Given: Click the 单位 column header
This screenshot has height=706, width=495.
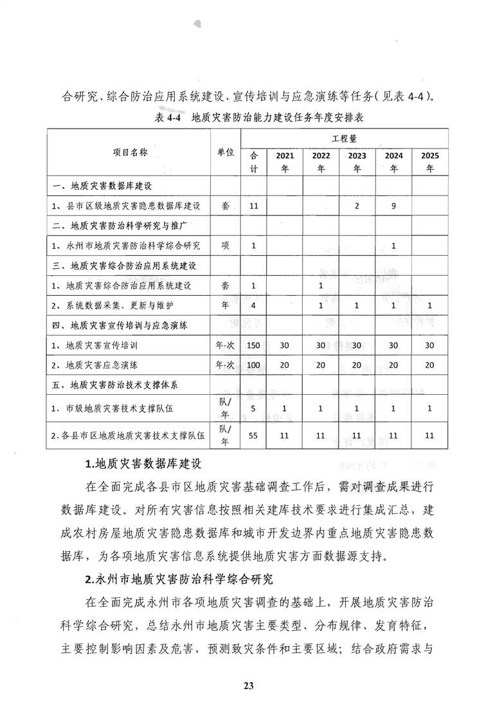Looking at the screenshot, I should coord(226,153).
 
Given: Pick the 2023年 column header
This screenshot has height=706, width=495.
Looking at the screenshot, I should coord(357,161).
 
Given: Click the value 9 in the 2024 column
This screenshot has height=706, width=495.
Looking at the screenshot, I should coord(393,206).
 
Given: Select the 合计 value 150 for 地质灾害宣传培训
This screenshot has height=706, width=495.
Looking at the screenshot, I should coord(253,345).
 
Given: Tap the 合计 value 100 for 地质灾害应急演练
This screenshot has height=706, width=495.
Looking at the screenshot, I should coord(253,365).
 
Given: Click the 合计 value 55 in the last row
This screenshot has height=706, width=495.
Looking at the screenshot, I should coord(253,435).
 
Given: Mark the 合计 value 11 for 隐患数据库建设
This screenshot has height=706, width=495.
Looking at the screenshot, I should coord(253,206).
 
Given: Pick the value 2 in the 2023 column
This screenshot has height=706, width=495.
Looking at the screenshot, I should coord(357,206).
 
